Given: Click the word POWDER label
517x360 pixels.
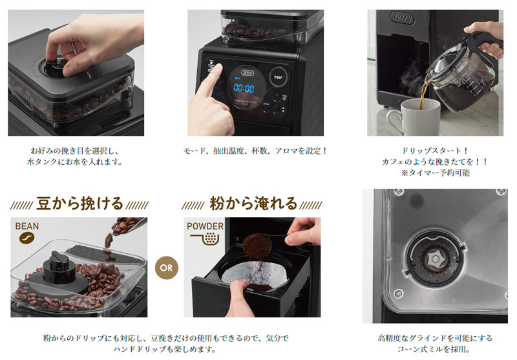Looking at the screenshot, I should pyautogui.click(x=205, y=226).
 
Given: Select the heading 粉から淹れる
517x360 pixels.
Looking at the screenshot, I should pyautogui.click(x=253, y=204).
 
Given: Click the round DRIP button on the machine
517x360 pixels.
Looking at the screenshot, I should pyautogui.click(x=278, y=76).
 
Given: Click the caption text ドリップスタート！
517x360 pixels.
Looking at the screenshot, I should pyautogui.click(x=436, y=150).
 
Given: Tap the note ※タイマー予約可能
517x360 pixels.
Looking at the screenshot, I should pyautogui.click(x=436, y=173).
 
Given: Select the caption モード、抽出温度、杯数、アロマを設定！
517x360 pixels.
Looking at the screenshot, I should pyautogui.click(x=255, y=150).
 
